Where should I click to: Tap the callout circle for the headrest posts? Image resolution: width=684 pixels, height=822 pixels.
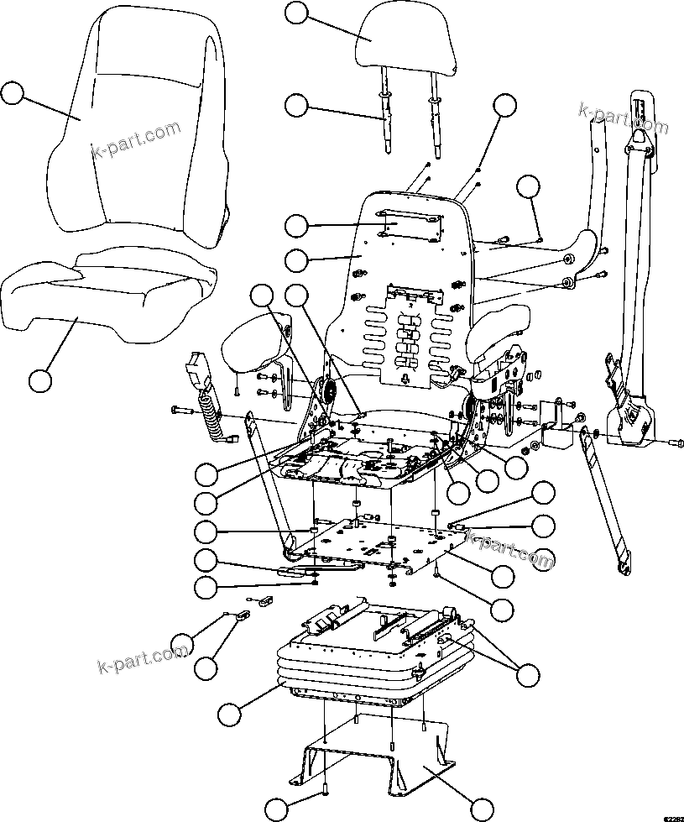pyautogui.click(x=296, y=106)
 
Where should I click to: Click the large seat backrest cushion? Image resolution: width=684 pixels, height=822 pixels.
pyautogui.click(x=138, y=126)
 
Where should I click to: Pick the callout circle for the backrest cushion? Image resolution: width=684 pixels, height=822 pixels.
pyautogui.click(x=12, y=92)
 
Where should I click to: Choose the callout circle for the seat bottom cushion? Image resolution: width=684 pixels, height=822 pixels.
pyautogui.click(x=39, y=380)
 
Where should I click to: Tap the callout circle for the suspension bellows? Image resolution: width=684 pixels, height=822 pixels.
pyautogui.click(x=229, y=715)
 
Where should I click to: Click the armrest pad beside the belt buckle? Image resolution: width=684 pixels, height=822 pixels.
pyautogui.click(x=252, y=346)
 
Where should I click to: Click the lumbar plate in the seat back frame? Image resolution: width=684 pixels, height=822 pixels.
pyautogui.click(x=411, y=327)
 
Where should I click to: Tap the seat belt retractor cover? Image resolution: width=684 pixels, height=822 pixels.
pyautogui.click(x=634, y=416)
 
